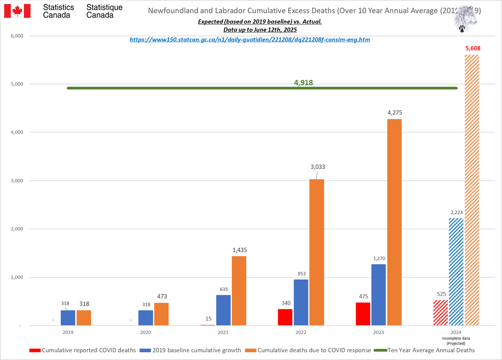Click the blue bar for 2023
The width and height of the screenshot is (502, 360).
pos(379,295)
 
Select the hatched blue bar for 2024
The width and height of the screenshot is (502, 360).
pos(456,272)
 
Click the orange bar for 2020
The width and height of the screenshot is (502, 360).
pos(161,314)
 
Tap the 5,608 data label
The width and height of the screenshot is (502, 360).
pos(473,49)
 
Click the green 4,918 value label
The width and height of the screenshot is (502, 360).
pos(303,83)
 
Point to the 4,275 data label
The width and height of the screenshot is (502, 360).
pos(394,112)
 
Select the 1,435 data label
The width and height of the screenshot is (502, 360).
pos(239,250)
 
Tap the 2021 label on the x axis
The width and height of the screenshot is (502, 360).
pos(223,332)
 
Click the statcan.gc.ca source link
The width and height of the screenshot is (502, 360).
pos(250,40)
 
